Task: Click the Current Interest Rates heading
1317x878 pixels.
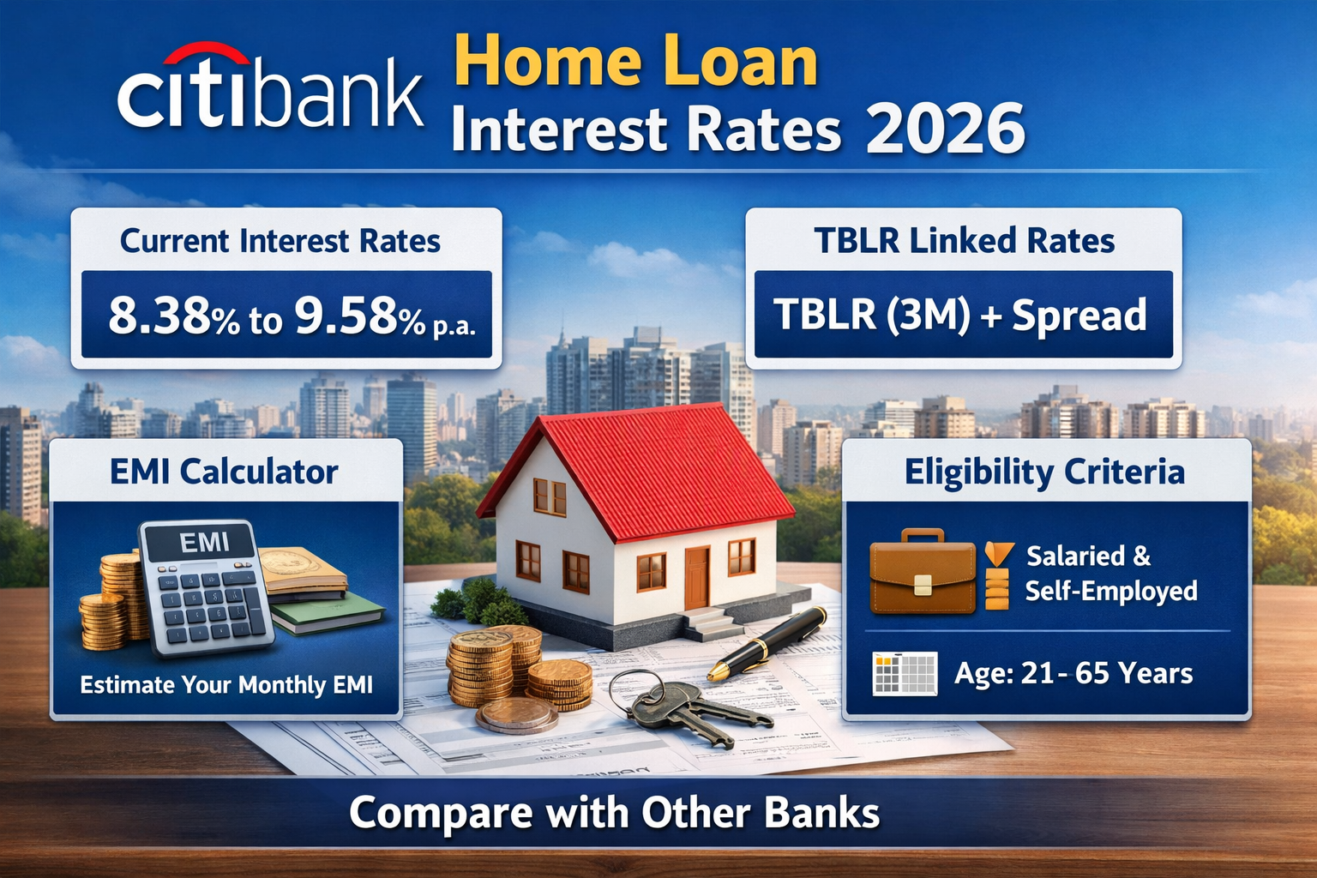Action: pos(280,241)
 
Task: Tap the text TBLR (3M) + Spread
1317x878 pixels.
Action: pos(960,315)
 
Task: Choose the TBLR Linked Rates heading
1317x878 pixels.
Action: pos(965,241)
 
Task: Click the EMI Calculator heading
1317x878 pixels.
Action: pos(224,472)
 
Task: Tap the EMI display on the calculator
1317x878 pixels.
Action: pos(204,542)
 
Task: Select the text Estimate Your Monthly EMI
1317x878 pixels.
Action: pos(226,685)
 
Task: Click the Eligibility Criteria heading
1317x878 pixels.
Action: pos(1044,472)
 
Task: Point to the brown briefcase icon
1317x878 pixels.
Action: pos(923,572)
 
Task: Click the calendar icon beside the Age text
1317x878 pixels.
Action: pos(904,674)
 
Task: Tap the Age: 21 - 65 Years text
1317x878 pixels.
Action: pos(1073,674)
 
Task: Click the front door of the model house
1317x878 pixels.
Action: pos(696,576)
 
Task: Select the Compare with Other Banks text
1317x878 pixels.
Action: pos(614,813)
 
